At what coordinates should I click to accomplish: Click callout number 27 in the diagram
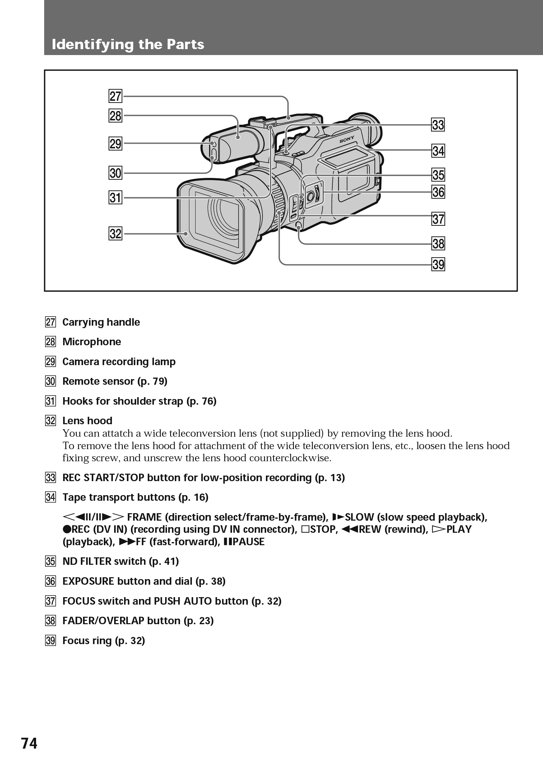pyautogui.click(x=115, y=96)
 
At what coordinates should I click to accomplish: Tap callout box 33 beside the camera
pyautogui.click(x=438, y=125)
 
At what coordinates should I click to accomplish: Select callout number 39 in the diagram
pyautogui.click(x=438, y=265)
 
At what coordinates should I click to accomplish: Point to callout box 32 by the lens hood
pyautogui.click(x=115, y=233)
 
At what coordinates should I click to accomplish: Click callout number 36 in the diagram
pyautogui.click(x=438, y=192)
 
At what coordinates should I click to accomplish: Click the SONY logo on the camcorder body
pyautogui.click(x=346, y=140)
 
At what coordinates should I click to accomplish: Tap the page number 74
pyautogui.click(x=29, y=743)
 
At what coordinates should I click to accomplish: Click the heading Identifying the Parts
pyautogui.click(x=128, y=44)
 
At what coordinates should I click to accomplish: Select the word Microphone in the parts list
pyautogui.click(x=92, y=341)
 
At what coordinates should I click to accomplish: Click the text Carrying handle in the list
pyautogui.click(x=101, y=322)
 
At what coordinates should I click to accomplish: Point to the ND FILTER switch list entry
pyautogui.click(x=121, y=561)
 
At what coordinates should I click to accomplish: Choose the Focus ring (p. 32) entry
pyautogui.click(x=104, y=640)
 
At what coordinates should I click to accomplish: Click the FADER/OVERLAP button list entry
pyautogui.click(x=138, y=620)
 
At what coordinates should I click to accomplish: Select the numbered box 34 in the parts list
pyautogui.click(x=50, y=497)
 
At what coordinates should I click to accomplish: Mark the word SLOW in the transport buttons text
pyautogui.click(x=359, y=517)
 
